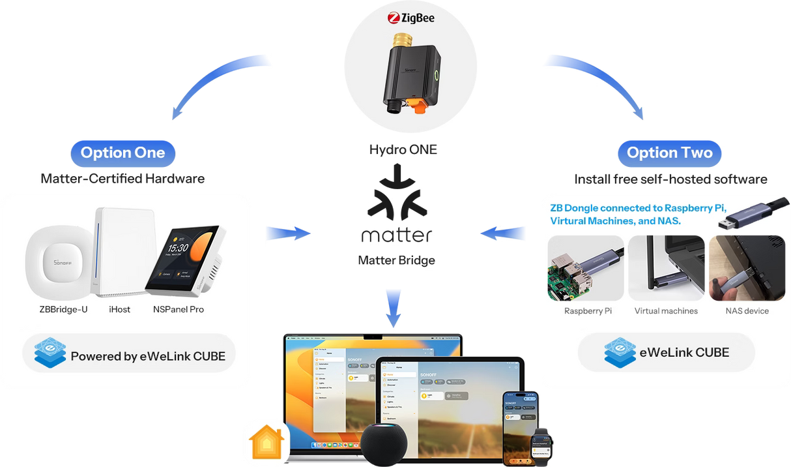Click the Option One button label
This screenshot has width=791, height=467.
(122, 153)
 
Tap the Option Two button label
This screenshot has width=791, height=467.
(669, 153)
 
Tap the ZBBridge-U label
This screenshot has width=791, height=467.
(63, 309)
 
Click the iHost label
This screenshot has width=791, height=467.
(119, 309)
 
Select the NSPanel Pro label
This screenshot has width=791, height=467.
(178, 309)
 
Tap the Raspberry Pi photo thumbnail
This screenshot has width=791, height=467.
(585, 268)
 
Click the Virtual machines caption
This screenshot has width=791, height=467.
(666, 311)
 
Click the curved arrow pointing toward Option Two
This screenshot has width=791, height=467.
(593, 82)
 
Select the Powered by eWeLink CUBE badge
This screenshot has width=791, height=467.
(129, 356)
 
